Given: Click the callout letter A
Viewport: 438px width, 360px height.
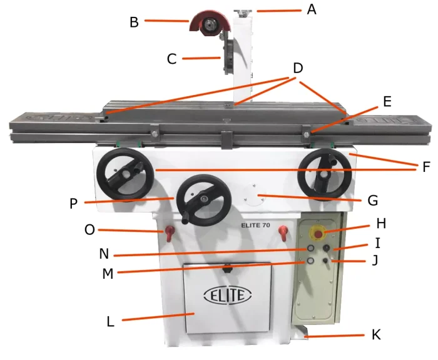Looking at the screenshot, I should pos(312,10).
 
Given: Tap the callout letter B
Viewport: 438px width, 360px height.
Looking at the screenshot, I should pos(134,22).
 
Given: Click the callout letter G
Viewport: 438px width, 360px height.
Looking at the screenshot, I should pos(373,201).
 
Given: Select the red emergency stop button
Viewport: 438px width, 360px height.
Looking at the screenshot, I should pos(318,235).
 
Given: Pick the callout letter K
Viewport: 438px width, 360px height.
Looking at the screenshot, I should pos(376,334).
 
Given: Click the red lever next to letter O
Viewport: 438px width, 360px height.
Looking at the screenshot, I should pos(168,233).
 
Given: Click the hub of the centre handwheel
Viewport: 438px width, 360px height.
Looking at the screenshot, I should pos(204,199).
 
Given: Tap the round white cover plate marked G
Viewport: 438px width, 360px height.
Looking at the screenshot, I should pos(255,195).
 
